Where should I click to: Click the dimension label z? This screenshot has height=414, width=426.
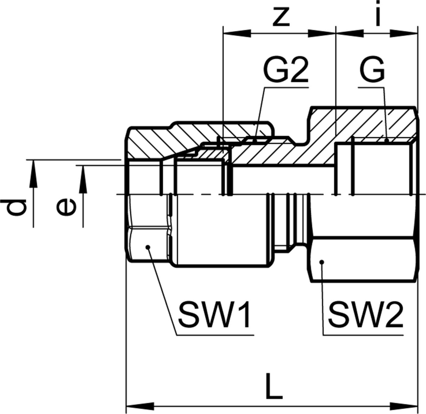click(280, 17)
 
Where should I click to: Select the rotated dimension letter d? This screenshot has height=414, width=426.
click(17, 207)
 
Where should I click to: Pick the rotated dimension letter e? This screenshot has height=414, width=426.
click(66, 207)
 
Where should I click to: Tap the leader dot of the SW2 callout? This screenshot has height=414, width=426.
click(322, 261)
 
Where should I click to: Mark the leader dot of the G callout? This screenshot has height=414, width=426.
click(387, 141)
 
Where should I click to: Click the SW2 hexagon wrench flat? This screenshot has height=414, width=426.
click(362, 260)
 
